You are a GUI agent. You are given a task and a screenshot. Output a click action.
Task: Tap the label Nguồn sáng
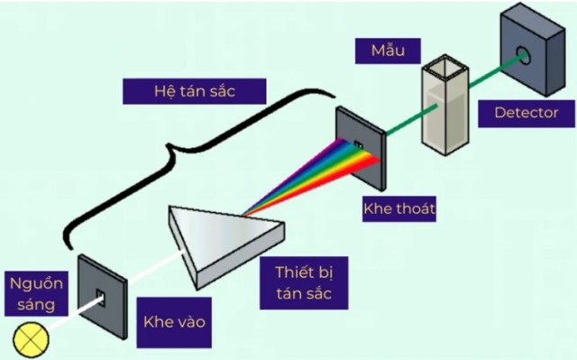point(36,294)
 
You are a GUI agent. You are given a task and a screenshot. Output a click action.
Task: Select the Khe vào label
point(174,322)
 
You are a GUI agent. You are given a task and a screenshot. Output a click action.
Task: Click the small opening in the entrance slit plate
point(101,298)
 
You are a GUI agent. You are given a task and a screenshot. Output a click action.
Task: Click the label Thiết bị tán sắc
point(304,282)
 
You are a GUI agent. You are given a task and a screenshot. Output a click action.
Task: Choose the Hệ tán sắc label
point(195,91)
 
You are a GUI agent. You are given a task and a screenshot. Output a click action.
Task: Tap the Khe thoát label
point(399,208)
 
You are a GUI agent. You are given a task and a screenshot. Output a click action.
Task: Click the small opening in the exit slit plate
point(358,145)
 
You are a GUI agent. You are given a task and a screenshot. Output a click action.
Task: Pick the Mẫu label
point(388,51)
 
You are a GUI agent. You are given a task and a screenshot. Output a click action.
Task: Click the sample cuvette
point(445,106)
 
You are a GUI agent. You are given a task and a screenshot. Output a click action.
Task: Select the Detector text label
point(527,113)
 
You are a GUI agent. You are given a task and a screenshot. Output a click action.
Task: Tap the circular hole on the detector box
point(523,56)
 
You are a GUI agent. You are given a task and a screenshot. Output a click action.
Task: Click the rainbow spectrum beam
point(313,177)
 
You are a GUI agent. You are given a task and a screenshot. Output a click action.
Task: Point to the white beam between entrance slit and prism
point(155,268)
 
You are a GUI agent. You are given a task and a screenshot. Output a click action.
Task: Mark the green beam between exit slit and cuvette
point(412,120)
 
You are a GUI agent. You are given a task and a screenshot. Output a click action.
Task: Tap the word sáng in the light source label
point(36,305)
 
